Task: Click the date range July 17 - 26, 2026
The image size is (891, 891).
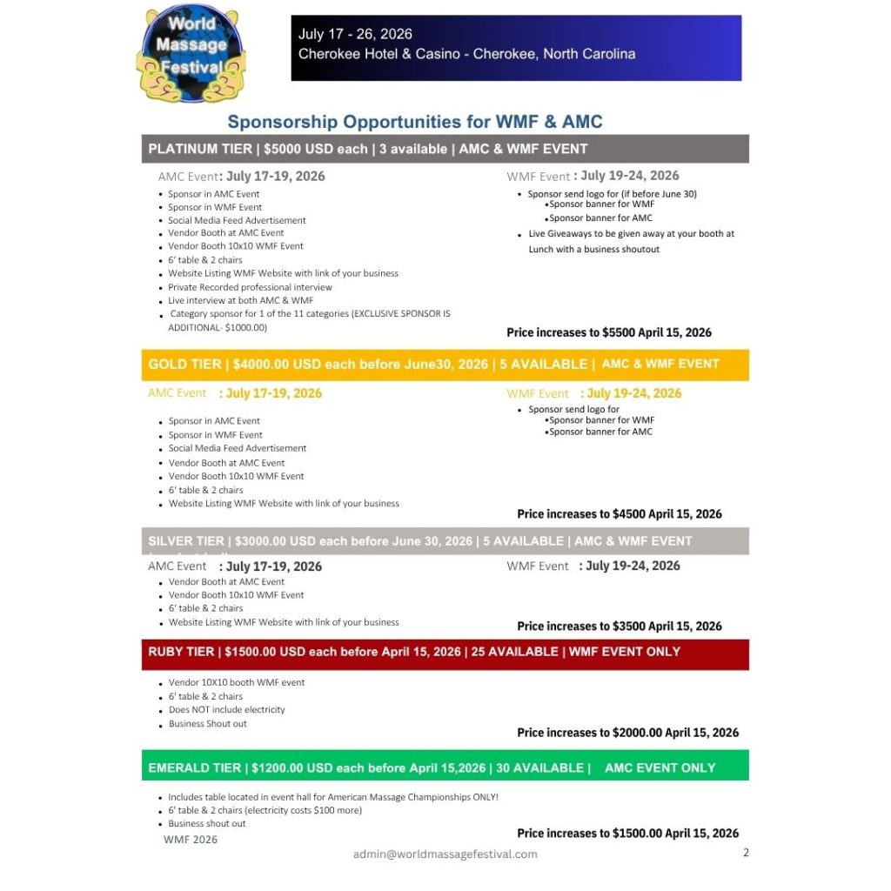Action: click(x=355, y=35)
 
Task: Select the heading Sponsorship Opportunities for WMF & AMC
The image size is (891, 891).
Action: click(x=415, y=122)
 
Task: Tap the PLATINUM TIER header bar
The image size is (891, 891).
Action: click(x=445, y=149)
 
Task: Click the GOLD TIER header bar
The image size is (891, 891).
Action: click(x=445, y=365)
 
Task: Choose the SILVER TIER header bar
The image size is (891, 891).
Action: click(x=445, y=541)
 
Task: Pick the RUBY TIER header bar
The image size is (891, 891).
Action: click(x=445, y=652)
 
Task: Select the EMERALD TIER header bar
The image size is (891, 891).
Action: click(x=445, y=767)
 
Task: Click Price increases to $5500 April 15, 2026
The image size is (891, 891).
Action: click(x=609, y=332)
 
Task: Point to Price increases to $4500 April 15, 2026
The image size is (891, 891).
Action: click(x=620, y=514)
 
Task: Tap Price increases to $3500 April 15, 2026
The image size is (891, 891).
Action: click(x=620, y=626)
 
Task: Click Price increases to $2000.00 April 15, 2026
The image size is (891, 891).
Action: click(x=627, y=733)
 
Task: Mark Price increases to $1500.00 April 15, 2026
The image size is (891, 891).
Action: click(x=627, y=834)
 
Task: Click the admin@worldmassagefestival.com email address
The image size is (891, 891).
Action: click(x=445, y=854)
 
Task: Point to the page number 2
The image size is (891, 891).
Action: click(x=746, y=853)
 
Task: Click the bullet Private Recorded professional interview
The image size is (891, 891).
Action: click(x=250, y=287)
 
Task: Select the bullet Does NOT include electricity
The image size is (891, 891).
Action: click(x=226, y=710)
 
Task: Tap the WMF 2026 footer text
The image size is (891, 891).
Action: click(x=191, y=840)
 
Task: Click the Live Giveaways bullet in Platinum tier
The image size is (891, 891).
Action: click(x=632, y=241)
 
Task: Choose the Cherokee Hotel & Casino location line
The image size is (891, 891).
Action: click(x=466, y=54)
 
